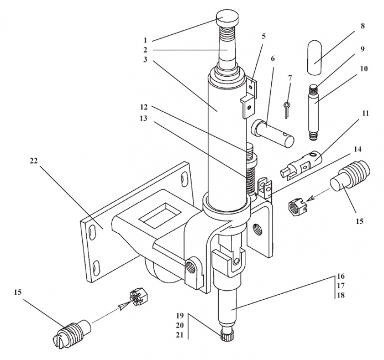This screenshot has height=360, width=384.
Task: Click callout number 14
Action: point(357,149)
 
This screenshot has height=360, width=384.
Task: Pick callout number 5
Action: point(264,36)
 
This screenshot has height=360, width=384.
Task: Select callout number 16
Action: point(340,275)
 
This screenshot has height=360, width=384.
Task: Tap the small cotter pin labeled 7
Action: point(286,109)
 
